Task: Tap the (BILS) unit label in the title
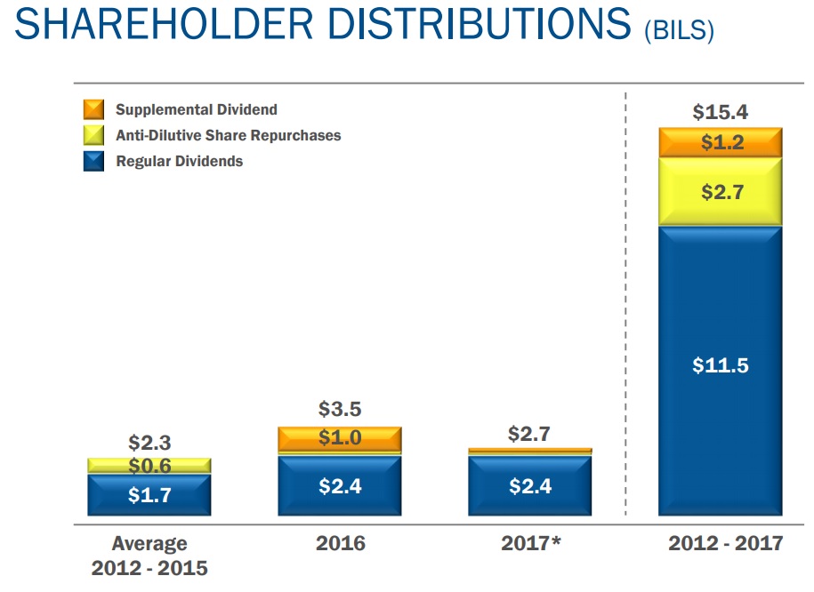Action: (679, 31)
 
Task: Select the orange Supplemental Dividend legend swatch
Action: (93, 110)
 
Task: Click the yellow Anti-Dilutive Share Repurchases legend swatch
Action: (93, 136)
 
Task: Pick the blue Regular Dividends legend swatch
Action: (93, 162)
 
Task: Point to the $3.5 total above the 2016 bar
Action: (340, 411)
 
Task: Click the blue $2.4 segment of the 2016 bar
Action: (340, 485)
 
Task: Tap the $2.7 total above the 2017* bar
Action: (530, 434)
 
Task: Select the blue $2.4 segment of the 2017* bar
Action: (530, 485)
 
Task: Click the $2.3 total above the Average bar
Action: (149, 443)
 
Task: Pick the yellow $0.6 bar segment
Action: (149, 466)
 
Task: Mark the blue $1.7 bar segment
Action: (149, 494)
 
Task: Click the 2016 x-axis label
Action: (340, 543)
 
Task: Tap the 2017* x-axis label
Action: (530, 543)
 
